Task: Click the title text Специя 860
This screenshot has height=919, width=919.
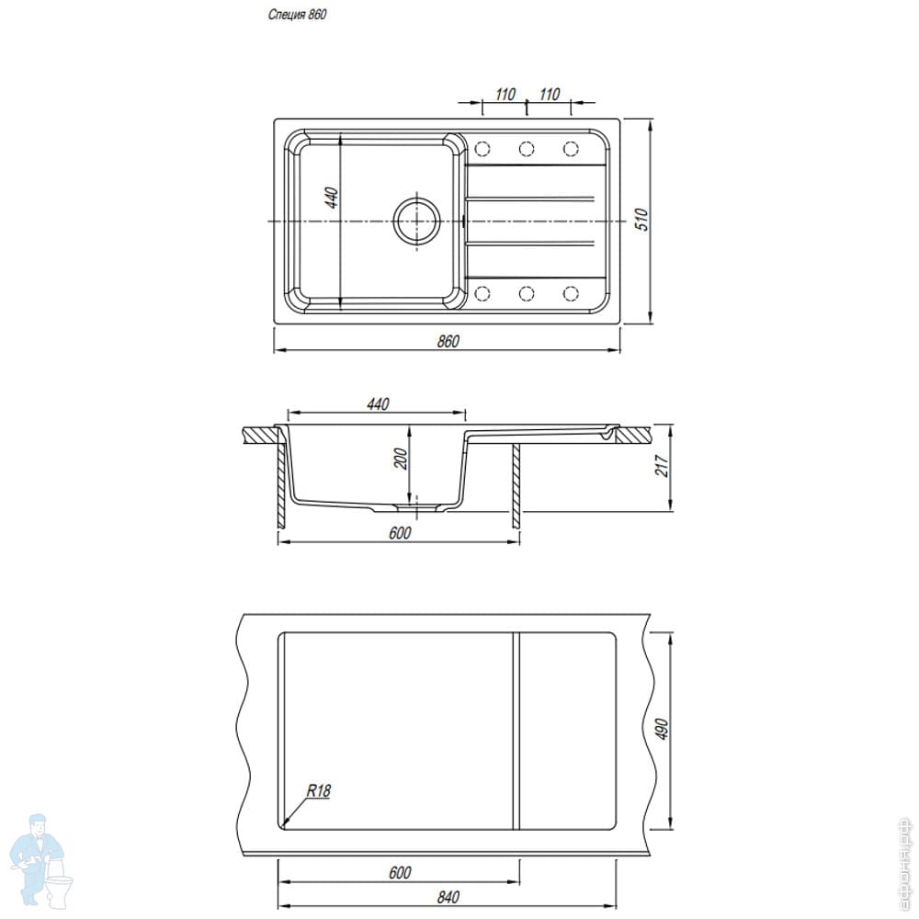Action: click(297, 15)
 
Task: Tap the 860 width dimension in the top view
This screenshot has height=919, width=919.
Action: click(448, 341)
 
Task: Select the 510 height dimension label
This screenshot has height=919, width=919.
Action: click(642, 220)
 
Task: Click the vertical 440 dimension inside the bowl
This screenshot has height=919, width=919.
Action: click(332, 197)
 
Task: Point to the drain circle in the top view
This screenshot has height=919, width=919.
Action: click(416, 221)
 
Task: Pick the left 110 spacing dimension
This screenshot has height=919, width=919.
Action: click(505, 95)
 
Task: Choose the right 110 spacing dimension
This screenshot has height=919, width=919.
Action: click(550, 95)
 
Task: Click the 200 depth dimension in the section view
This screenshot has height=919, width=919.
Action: click(401, 459)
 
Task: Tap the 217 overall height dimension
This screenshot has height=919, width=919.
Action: click(663, 466)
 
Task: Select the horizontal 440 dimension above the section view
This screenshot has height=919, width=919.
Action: click(378, 404)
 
